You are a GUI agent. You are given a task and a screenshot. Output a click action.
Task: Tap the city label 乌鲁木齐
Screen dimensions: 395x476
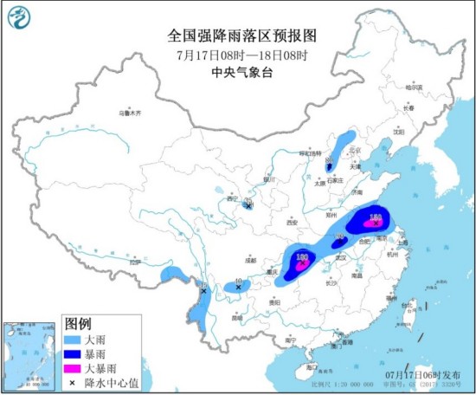(129, 113)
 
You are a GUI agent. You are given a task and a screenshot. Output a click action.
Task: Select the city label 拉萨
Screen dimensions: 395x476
(134, 262)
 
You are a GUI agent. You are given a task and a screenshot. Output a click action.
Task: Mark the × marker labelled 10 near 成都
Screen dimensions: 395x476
(239, 287)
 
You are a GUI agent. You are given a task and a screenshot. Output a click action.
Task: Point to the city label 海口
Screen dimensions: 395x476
(300, 368)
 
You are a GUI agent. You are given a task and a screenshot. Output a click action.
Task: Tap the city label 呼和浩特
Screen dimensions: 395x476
(307, 153)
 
